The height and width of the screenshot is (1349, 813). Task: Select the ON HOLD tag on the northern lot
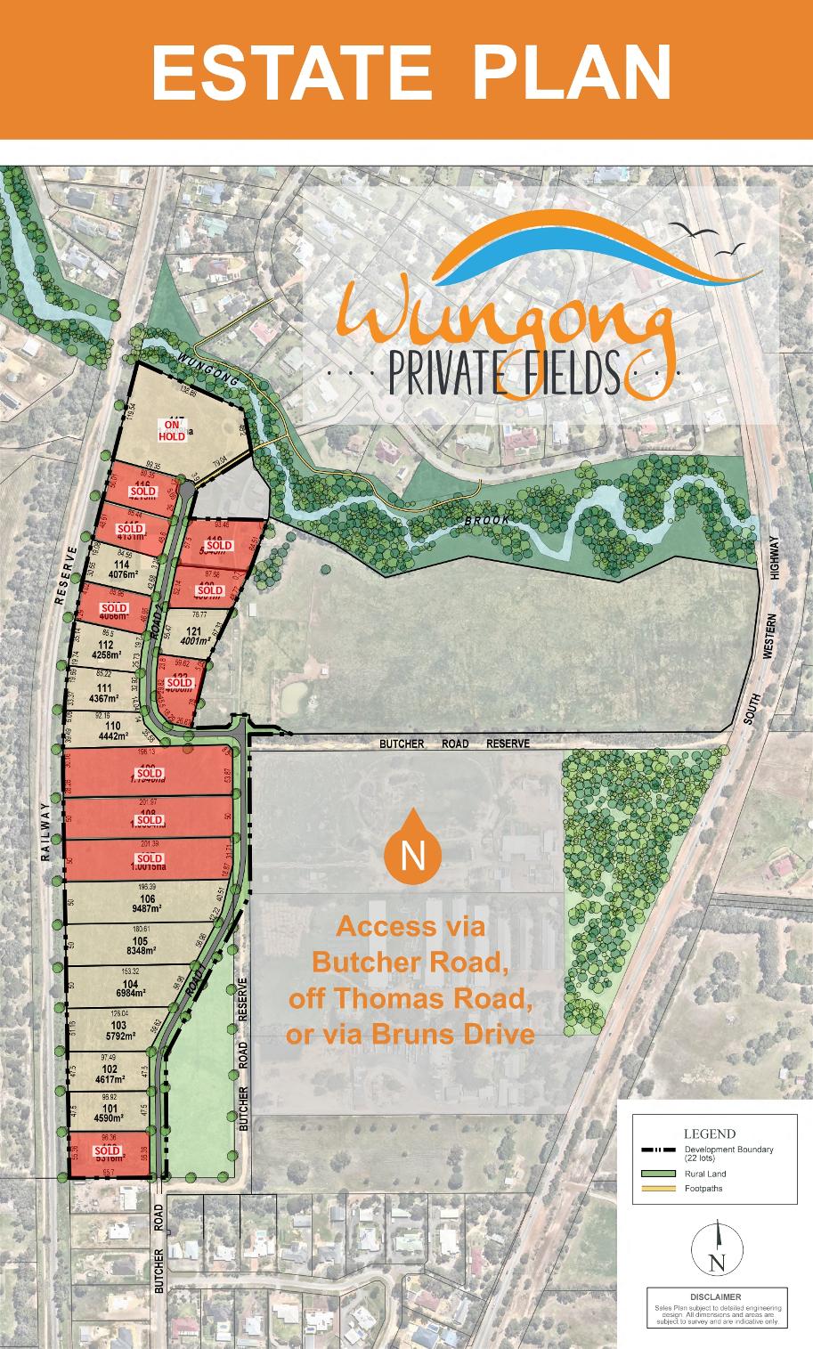pos(172,430)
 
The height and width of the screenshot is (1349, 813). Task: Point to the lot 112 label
pos(109,645)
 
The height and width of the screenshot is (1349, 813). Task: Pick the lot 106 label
pos(147,899)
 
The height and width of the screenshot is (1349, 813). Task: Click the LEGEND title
pos(709,1134)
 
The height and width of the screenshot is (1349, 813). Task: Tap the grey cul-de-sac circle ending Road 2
pos(187,489)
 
